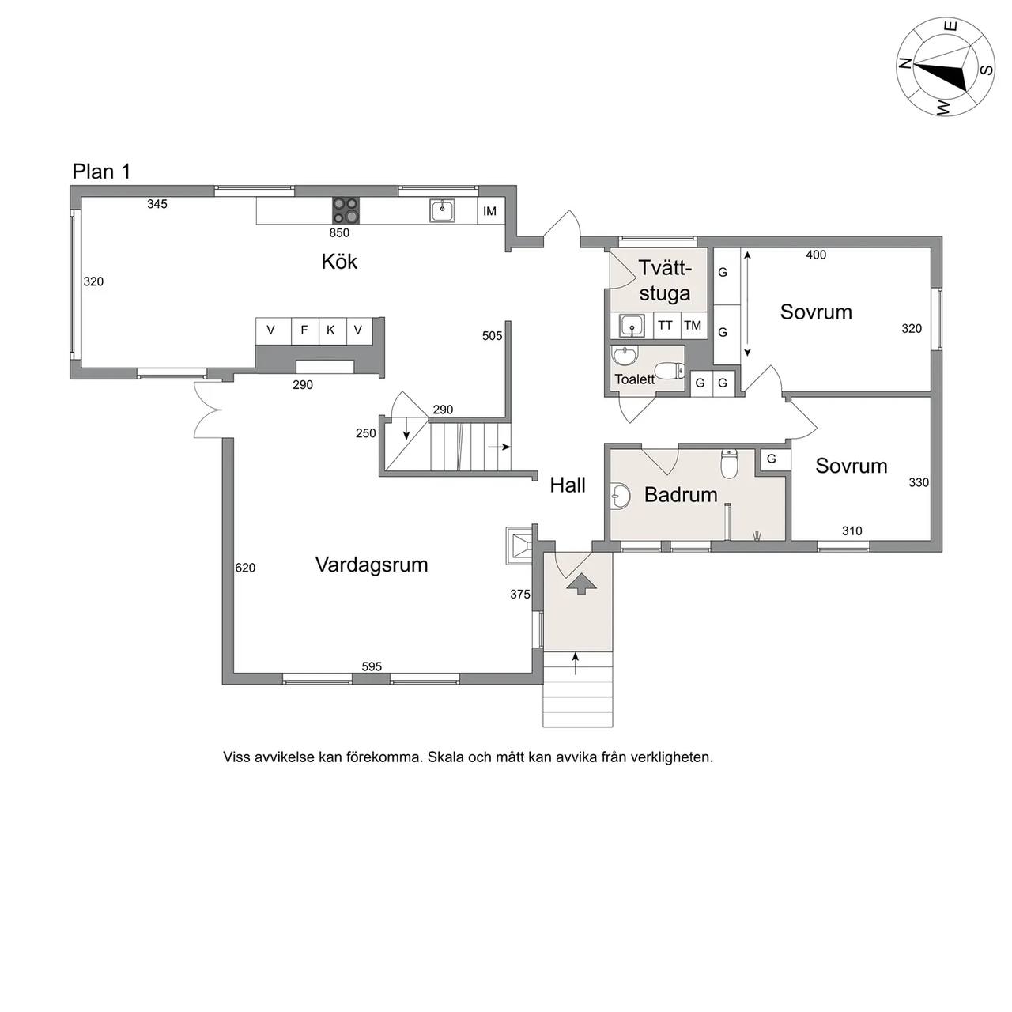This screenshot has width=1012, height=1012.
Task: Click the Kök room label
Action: click(339, 262)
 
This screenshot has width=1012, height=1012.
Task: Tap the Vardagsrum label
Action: click(372, 565)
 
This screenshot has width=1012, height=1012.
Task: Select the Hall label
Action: click(568, 485)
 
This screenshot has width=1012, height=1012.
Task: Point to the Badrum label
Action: click(681, 495)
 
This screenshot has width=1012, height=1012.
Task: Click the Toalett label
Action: click(634, 379)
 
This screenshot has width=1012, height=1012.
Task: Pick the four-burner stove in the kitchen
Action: click(346, 210)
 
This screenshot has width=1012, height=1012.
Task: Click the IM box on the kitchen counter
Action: click(490, 211)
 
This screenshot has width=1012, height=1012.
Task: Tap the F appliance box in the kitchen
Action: click(304, 330)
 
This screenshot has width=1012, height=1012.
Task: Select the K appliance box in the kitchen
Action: click(330, 330)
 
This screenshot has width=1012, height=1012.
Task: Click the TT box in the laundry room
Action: click(666, 326)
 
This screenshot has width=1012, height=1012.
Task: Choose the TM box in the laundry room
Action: click(693, 326)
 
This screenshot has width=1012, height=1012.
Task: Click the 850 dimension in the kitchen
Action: click(339, 232)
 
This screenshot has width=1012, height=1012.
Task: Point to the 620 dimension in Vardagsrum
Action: click(245, 568)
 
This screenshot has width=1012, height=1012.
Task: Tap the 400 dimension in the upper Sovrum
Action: click(816, 255)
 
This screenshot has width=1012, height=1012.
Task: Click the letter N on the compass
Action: click(904, 63)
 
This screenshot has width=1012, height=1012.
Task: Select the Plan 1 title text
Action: click(101, 172)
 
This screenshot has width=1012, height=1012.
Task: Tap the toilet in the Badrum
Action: click(728, 463)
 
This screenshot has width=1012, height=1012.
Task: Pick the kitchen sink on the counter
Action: click(442, 210)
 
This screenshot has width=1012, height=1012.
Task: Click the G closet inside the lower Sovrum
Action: click(772, 459)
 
